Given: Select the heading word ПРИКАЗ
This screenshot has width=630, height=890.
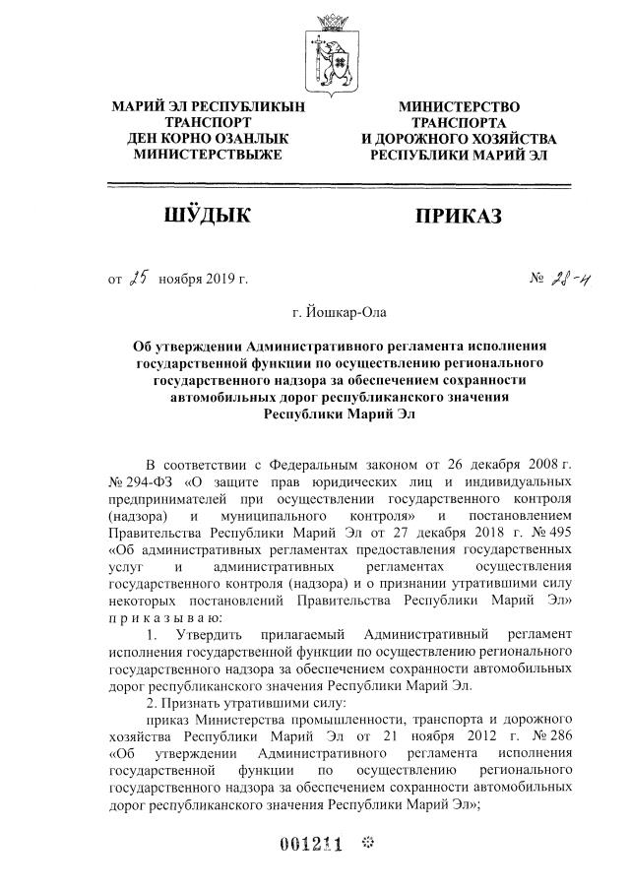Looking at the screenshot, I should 459,216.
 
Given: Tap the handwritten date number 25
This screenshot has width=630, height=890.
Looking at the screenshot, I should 137,279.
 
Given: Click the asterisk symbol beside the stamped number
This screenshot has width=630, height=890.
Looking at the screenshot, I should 369,844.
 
